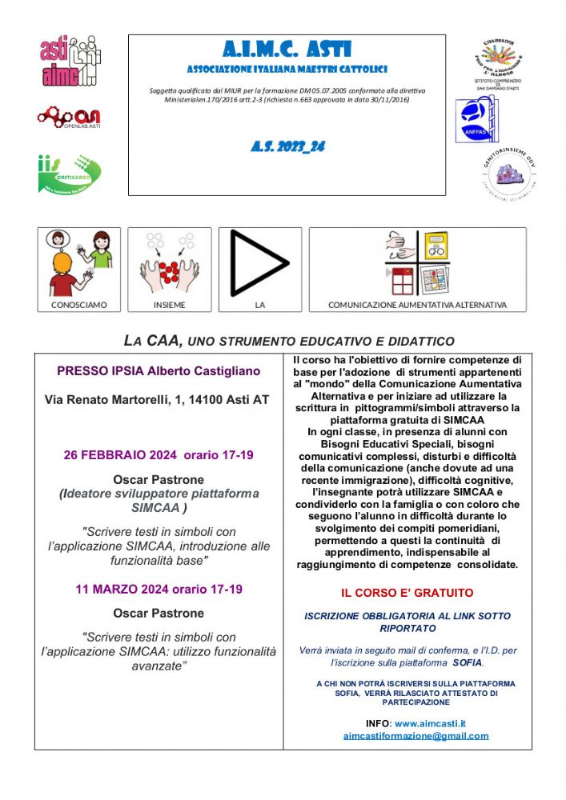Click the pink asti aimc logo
pos(70,60)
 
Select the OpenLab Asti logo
pos(68,118)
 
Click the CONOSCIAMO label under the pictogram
pos(78,305)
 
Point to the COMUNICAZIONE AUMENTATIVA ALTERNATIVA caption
pos(417,305)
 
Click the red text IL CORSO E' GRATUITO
pos(407,593)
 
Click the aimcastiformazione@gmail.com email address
pos(415,736)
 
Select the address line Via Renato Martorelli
pos(159,398)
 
